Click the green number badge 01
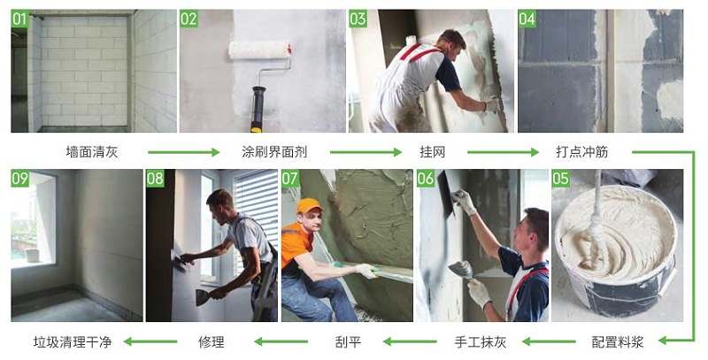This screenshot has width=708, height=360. (x=19, y=19)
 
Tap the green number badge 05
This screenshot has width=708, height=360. (x=561, y=179)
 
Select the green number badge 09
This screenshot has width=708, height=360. (x=19, y=179)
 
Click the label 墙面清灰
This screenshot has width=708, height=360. (x=91, y=152)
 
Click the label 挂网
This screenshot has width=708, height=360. (x=431, y=152)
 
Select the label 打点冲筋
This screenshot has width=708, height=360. (x=582, y=152)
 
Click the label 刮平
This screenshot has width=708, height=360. (x=348, y=341)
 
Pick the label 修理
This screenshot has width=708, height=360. (x=212, y=341)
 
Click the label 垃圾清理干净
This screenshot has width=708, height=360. (x=73, y=341)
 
